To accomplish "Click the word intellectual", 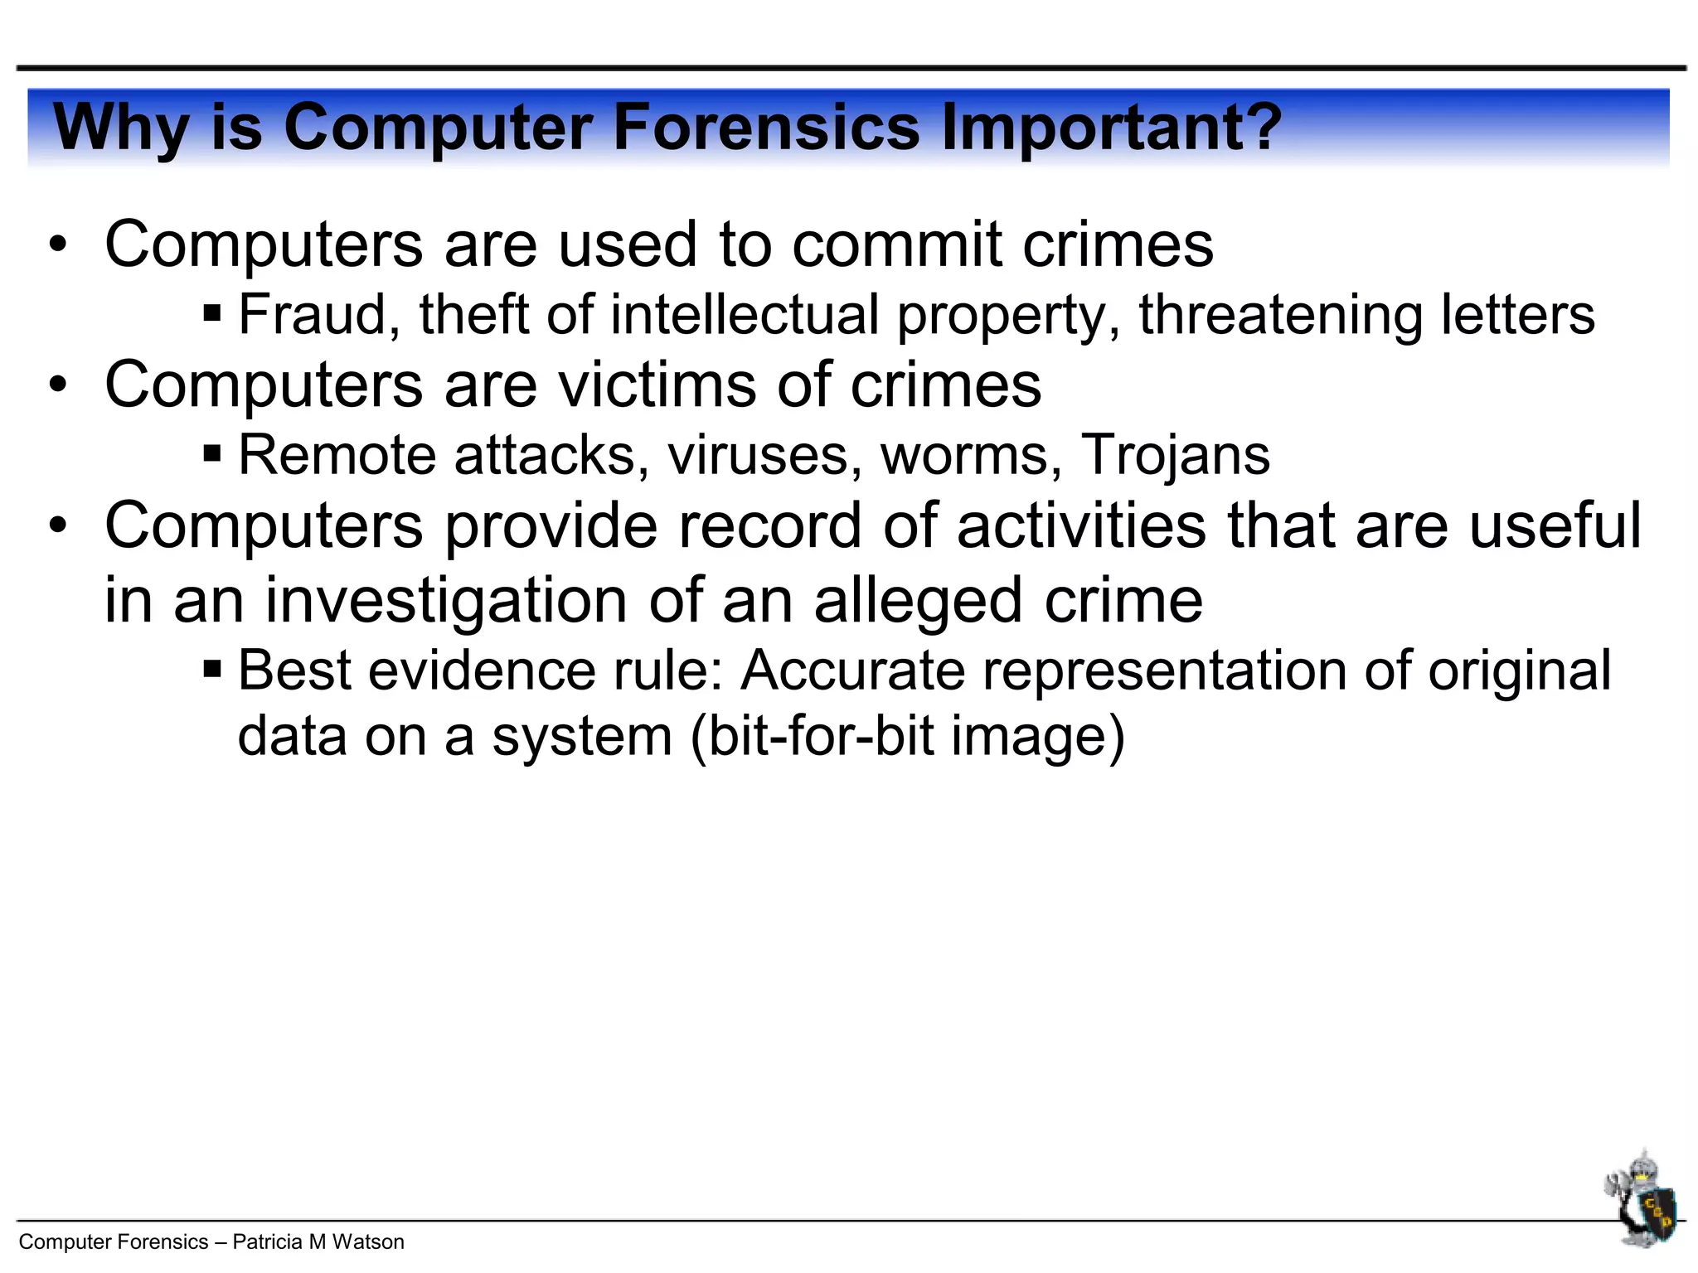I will click(x=744, y=315).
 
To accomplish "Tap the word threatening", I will click(x=1280, y=315).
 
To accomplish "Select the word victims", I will click(x=656, y=385).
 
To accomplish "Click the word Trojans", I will click(x=1175, y=455).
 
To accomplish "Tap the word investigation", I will click(x=445, y=601).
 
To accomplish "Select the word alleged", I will click(x=917, y=601).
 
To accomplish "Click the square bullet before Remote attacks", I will click(x=212, y=454).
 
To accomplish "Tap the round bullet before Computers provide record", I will click(x=57, y=527).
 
